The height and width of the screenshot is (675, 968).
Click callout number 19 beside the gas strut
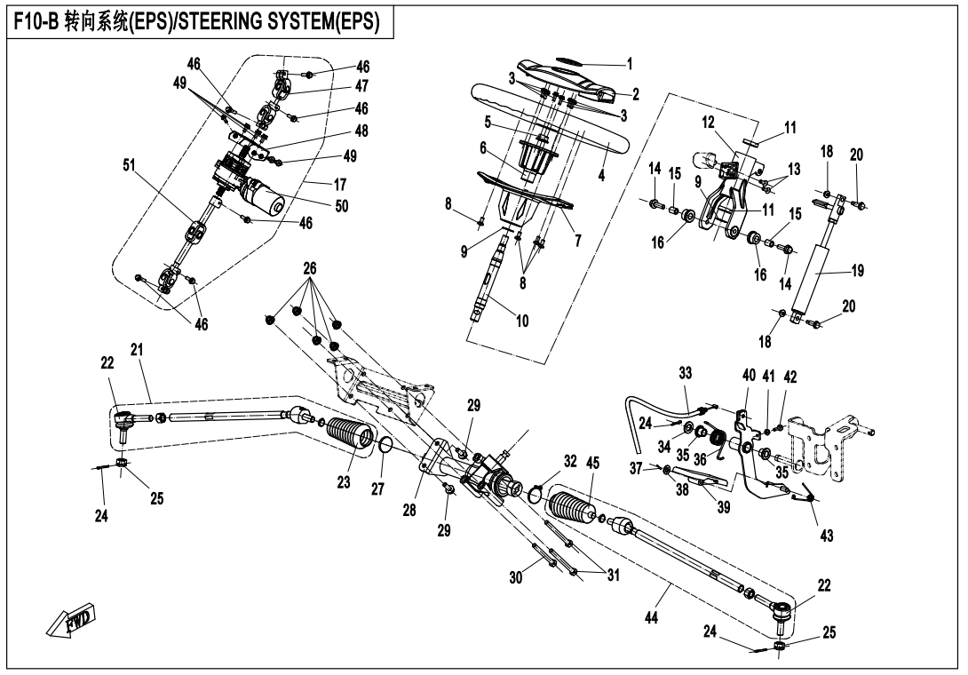[x=856, y=271]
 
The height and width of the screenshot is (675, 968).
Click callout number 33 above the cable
[x=686, y=375]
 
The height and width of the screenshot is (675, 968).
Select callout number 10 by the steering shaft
[x=522, y=322]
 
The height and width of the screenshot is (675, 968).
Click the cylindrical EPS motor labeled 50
[x=263, y=195]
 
